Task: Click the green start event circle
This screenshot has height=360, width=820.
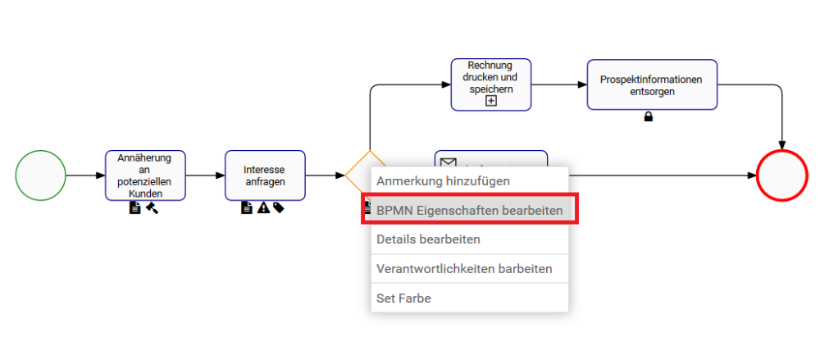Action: tap(40, 175)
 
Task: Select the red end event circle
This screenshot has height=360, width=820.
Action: tap(781, 175)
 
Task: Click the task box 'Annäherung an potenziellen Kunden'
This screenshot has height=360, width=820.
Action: tap(145, 175)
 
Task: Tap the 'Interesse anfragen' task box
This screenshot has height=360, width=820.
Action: tap(265, 175)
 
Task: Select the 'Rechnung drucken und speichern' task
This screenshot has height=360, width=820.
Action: tap(491, 84)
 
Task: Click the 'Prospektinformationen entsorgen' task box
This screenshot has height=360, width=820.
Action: tap(652, 84)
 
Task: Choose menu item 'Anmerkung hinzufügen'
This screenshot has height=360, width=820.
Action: tap(443, 180)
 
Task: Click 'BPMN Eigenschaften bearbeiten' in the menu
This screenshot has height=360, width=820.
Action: tap(469, 210)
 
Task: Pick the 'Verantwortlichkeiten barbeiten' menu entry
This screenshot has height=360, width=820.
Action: tap(464, 268)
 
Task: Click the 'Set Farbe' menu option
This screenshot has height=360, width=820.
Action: tap(403, 298)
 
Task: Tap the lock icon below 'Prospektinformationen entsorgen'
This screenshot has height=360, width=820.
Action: tap(649, 117)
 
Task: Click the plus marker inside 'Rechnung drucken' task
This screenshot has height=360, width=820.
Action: tap(491, 101)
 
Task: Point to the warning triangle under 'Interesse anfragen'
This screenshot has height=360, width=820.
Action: tap(263, 208)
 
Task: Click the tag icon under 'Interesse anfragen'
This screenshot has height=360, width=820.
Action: tap(279, 208)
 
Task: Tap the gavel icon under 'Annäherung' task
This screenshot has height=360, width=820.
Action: tap(152, 208)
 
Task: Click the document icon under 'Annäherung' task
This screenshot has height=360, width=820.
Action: tap(135, 208)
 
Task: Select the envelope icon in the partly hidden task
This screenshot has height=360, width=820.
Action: tap(448, 163)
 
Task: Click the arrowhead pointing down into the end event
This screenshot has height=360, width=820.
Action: tap(781, 145)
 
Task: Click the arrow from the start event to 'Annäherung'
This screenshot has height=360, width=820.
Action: tap(84, 175)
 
